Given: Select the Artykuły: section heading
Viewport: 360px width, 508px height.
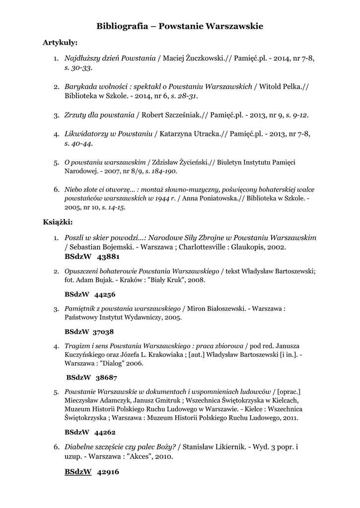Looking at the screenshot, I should pos(60,43).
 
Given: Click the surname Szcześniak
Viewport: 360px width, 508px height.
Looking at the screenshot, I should pos(185,115).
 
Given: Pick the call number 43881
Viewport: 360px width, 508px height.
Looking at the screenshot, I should pos(109,256).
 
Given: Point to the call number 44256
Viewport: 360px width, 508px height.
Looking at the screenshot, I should pos(105,295).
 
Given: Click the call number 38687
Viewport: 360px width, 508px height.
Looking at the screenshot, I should pos(107,378).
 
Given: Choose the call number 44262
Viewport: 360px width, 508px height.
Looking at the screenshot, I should pos(105,432).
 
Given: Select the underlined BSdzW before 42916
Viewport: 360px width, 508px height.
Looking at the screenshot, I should pos(78,472).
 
